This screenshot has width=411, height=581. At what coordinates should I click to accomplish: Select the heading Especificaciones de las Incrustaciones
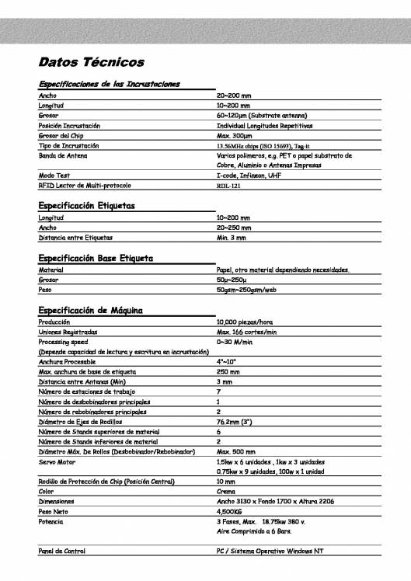[x=110, y=83]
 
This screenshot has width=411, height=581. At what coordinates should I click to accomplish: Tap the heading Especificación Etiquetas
[x=87, y=206]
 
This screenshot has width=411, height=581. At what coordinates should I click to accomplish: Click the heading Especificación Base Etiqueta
[x=96, y=258]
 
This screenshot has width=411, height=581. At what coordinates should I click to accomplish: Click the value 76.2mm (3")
[x=240, y=421]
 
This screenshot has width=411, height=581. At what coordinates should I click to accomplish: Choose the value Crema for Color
[x=226, y=492]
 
